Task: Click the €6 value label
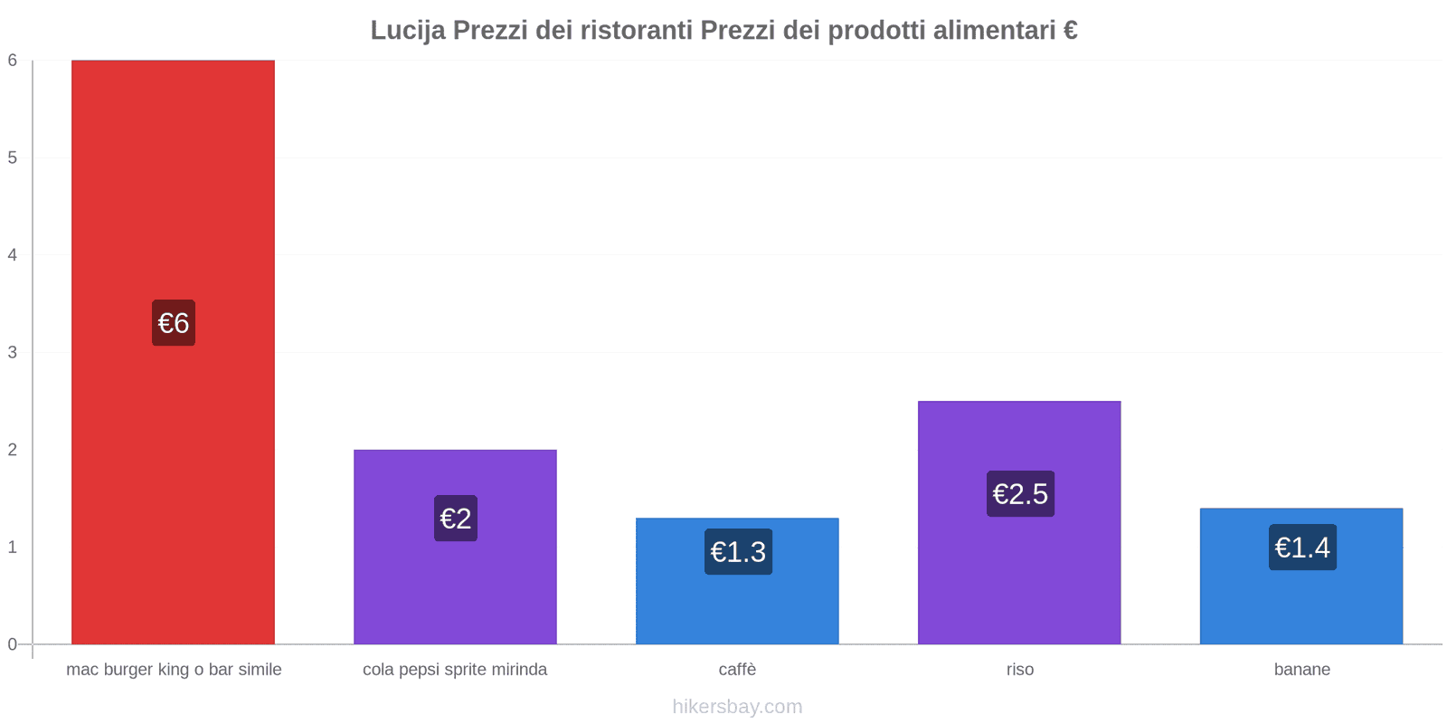click(174, 323)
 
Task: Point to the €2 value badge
click(456, 519)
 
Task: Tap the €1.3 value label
click(738, 552)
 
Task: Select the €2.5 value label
click(1020, 494)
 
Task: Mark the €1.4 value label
click(1302, 548)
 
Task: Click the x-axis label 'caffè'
click(737, 670)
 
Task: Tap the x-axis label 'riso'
click(1019, 670)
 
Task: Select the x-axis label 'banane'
click(1301, 670)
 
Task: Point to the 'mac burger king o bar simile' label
click(174, 670)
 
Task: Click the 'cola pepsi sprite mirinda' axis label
click(455, 670)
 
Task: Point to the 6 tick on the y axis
click(13, 61)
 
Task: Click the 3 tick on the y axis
click(13, 352)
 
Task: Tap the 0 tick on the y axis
click(13, 644)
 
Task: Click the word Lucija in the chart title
click(408, 31)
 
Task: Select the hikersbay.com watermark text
click(737, 707)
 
